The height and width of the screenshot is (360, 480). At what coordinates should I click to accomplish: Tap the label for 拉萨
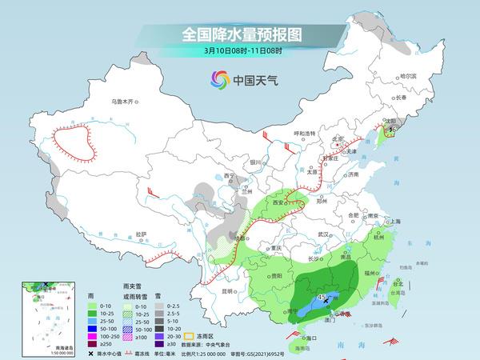142,234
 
